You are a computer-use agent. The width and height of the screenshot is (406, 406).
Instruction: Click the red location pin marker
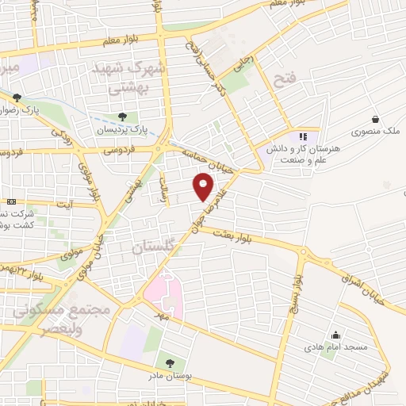point(204,187)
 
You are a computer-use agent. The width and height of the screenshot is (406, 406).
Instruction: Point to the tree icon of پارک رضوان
point(17,98)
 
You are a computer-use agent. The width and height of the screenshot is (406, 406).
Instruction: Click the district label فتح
point(283,79)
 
